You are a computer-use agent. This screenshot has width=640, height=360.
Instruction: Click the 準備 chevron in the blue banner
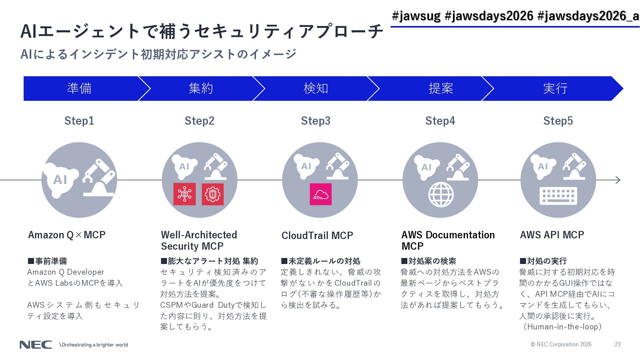pyautogui.click(x=79, y=88)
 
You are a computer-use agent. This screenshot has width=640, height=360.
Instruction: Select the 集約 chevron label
pyautogui.click(x=201, y=88)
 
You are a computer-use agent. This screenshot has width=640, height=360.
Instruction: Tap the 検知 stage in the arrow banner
pyautogui.click(x=316, y=88)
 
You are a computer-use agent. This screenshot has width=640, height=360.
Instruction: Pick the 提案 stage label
pyautogui.click(x=441, y=88)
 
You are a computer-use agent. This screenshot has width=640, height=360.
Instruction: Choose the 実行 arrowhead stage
pyautogui.click(x=555, y=88)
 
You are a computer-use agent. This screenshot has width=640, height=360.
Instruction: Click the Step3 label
pyautogui.click(x=315, y=121)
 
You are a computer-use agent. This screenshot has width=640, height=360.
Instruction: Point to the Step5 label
pyautogui.click(x=558, y=121)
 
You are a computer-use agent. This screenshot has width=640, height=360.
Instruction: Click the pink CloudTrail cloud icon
pyautogui.click(x=321, y=194)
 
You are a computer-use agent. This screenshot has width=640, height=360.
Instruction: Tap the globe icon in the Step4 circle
pyautogui.click(x=441, y=194)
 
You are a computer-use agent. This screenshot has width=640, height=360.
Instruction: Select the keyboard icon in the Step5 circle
pyautogui.click(x=558, y=195)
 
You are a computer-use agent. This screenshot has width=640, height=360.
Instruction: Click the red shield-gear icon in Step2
pyautogui.click(x=213, y=194)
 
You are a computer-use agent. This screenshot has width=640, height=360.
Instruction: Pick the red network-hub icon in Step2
pyautogui.click(x=184, y=194)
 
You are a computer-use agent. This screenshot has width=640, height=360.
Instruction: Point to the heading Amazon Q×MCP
pyautogui.click(x=67, y=235)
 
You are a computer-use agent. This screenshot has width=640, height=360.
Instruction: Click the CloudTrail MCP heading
pyautogui.click(x=317, y=236)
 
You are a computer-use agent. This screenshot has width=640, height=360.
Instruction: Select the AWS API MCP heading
pyautogui.click(x=552, y=235)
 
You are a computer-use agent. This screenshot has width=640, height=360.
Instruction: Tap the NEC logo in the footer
pyautogui.click(x=36, y=345)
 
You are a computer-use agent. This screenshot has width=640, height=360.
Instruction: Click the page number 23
pyautogui.click(x=618, y=344)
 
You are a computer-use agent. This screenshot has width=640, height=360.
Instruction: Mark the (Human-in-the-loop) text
pyautogui.click(x=563, y=327)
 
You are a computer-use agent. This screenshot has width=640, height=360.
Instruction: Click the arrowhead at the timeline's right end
pyautogui.click(x=618, y=180)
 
